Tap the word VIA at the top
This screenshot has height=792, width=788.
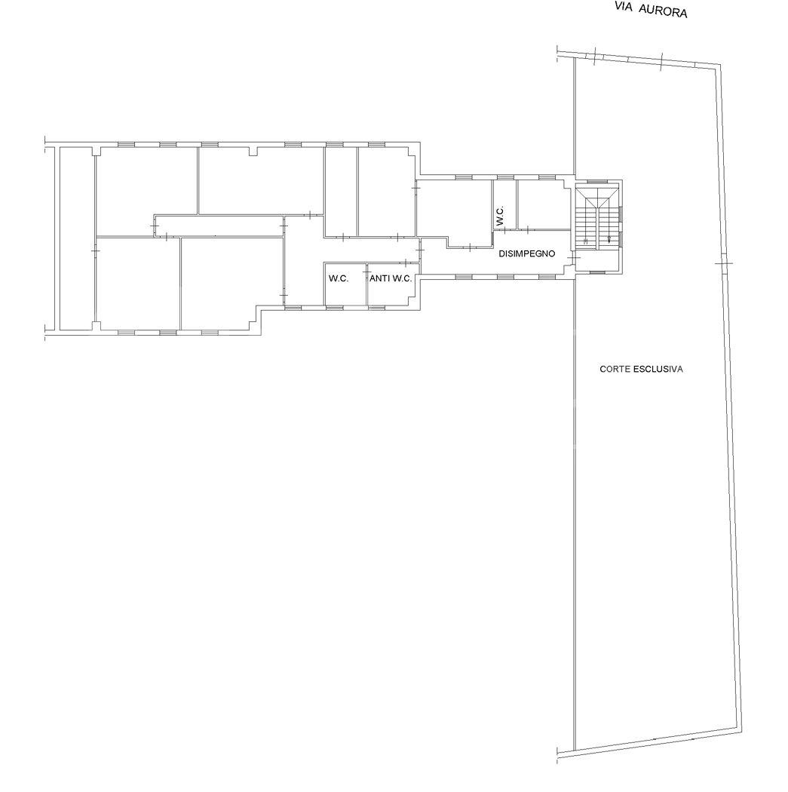[x=624, y=7]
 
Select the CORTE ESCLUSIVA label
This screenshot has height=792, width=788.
[x=641, y=370]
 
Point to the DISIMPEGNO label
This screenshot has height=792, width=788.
[x=527, y=253]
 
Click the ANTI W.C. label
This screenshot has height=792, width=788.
[x=391, y=278]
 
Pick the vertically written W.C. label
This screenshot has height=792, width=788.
[x=500, y=216]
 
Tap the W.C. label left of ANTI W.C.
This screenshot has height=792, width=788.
[x=339, y=278]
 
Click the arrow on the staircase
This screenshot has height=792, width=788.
[x=609, y=238]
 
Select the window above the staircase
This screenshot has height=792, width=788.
[x=598, y=181]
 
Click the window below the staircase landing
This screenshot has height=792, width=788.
[x=597, y=273]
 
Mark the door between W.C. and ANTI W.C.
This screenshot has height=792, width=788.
[x=367, y=273]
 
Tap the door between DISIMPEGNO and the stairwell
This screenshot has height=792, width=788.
[x=572, y=259]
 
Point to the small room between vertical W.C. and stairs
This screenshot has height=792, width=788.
[x=543, y=204]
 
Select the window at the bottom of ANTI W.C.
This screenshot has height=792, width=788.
[x=376, y=307]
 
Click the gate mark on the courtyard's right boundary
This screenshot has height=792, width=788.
[x=723, y=264]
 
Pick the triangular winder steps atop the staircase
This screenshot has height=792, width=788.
[x=598, y=197]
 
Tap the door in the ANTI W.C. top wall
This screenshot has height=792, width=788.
[x=406, y=262]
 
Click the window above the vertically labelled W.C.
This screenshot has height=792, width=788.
[x=505, y=177]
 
